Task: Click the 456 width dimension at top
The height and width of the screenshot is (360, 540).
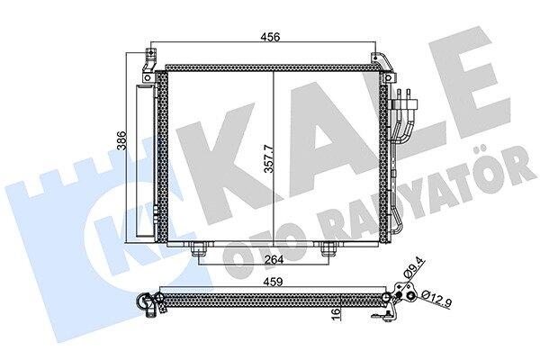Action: [270, 37]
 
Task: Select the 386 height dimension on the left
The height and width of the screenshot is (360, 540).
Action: [121, 141]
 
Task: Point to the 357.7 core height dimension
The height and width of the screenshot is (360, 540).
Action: [269, 158]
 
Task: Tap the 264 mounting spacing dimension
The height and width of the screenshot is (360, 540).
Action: [274, 259]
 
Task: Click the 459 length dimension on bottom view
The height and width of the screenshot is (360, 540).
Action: [273, 282]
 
